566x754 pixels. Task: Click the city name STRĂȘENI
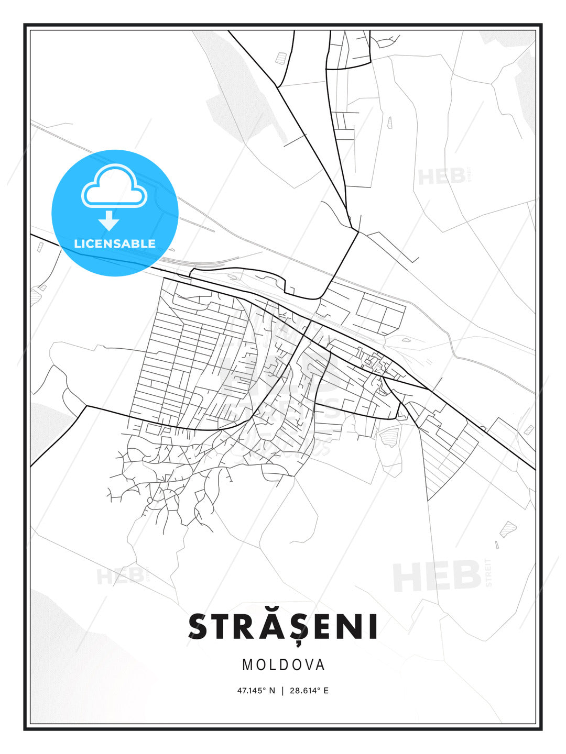pos(283,627)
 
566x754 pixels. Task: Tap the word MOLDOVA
pos(284,665)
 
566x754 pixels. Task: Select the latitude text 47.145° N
pos(256,691)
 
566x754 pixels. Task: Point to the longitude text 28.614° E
pos(309,691)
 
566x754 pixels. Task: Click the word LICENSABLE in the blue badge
pos(115,243)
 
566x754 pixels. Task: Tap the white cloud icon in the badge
pos(114,186)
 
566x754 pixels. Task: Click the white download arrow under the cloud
pos(109,220)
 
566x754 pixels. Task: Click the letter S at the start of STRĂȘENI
pos(199,627)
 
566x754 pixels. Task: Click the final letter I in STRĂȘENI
pos(373,627)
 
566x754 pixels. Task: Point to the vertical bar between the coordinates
pos(282,691)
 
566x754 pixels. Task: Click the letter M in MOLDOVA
pos(247,665)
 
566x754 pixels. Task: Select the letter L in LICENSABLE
pos(78,243)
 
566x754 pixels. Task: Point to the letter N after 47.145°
pos(271,691)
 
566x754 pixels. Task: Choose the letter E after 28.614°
pos(326,691)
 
